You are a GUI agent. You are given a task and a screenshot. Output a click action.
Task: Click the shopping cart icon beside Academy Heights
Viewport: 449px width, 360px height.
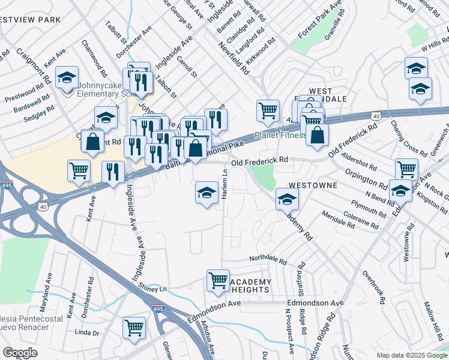click(x=217, y=280)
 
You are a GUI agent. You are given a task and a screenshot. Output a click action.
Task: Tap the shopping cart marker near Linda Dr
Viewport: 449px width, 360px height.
click(x=134, y=328)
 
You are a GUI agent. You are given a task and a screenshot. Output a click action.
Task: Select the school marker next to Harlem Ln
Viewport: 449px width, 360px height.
click(x=206, y=193)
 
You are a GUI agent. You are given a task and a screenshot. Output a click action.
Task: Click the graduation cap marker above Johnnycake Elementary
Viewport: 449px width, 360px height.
click(x=67, y=77)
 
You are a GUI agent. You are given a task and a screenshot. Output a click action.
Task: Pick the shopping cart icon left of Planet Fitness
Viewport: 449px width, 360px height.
click(x=268, y=110)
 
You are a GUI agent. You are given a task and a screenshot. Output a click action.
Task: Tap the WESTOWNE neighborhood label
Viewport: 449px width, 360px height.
click(x=314, y=186)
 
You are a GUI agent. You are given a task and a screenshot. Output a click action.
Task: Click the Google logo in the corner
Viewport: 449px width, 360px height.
click(x=20, y=353)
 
